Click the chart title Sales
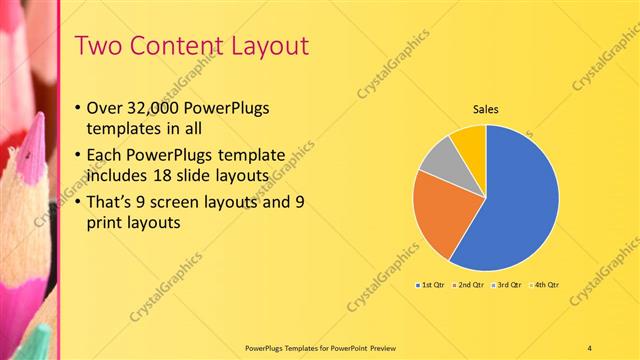[x=485, y=110]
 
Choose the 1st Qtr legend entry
[x=433, y=285]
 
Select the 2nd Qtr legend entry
[x=470, y=285]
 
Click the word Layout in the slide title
[x=267, y=46]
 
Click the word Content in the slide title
[x=171, y=46]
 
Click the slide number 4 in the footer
[x=590, y=347]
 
